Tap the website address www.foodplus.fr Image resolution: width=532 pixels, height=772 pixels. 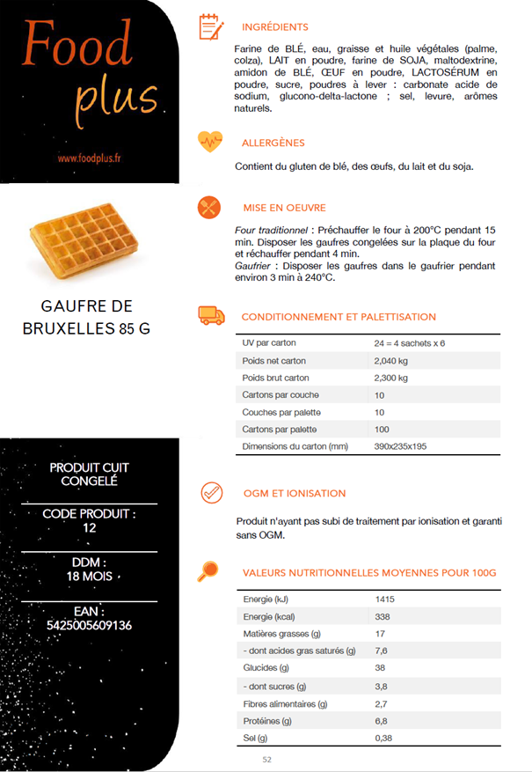click(x=89, y=158)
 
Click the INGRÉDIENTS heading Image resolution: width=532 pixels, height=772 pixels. click(x=274, y=27)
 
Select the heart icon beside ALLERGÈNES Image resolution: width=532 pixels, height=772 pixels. click(x=209, y=141)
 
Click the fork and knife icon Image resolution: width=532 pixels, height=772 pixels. click(x=209, y=207)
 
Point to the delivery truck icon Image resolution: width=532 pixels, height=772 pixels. click(x=210, y=315)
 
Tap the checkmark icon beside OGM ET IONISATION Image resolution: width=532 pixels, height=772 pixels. click(x=210, y=492)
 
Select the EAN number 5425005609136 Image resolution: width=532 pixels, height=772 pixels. click(x=90, y=625)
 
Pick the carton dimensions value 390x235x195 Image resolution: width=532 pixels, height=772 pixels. click(x=401, y=446)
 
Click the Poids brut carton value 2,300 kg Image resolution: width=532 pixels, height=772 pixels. click(x=391, y=378)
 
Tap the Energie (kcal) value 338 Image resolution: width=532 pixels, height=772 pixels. click(x=383, y=616)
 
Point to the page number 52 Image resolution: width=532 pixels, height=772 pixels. click(x=267, y=759)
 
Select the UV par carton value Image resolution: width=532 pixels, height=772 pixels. click(x=410, y=343)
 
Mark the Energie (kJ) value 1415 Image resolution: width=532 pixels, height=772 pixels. click(x=384, y=599)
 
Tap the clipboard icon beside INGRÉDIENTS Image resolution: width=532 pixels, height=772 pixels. click(x=209, y=26)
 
